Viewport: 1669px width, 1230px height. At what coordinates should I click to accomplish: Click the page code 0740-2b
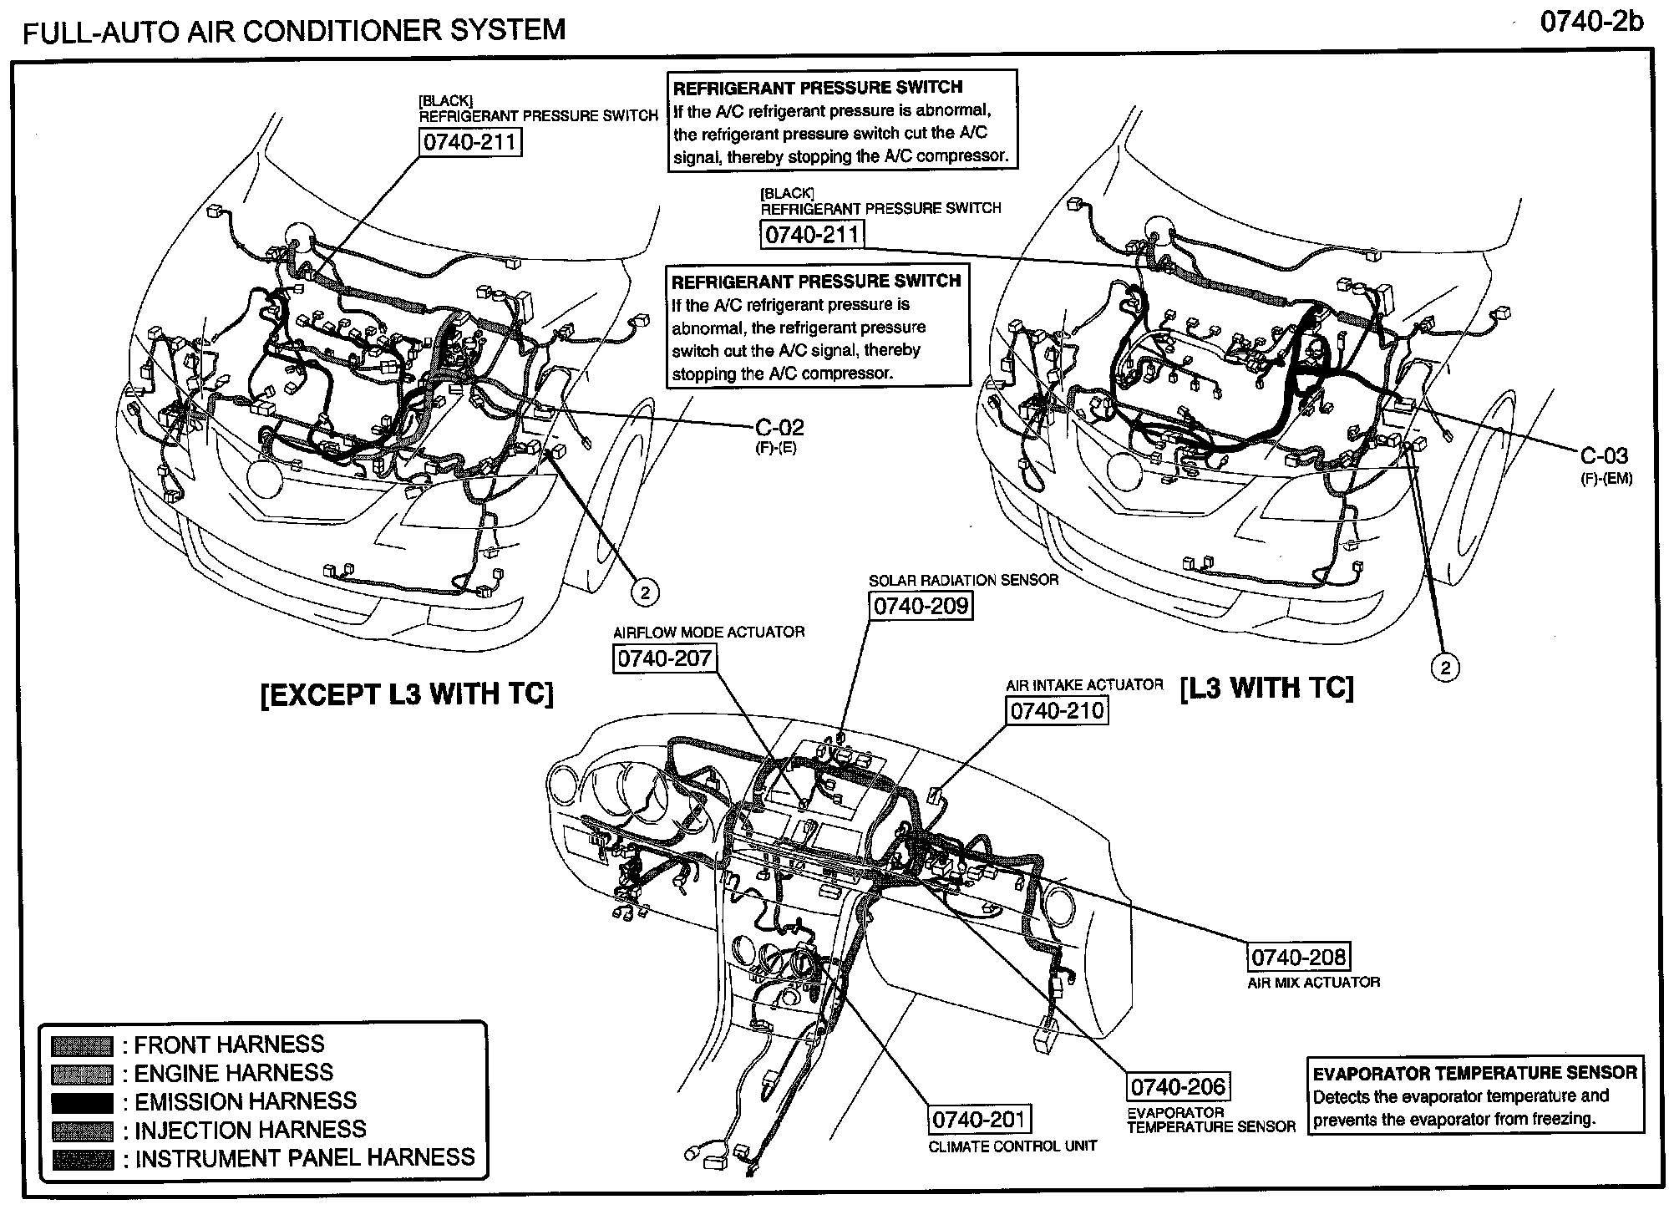click(x=1590, y=22)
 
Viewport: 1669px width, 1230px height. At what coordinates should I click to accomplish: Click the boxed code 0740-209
click(x=921, y=605)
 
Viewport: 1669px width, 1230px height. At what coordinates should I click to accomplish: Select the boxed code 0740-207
click(x=664, y=658)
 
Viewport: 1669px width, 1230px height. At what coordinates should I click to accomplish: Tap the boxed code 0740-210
click(x=1057, y=711)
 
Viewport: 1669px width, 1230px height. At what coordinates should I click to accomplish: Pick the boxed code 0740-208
click(x=1298, y=957)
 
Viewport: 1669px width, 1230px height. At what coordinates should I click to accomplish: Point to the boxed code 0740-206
click(x=1178, y=1087)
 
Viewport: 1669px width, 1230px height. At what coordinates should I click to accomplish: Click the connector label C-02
click(x=779, y=428)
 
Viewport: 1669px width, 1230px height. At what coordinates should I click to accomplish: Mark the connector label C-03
click(x=1604, y=456)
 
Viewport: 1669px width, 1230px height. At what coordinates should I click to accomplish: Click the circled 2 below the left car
click(x=644, y=592)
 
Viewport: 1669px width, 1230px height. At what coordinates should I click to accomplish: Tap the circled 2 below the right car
click(x=1446, y=667)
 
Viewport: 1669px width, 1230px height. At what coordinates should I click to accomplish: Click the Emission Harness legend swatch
click(x=82, y=1102)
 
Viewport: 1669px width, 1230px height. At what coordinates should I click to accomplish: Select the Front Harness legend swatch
click(x=82, y=1045)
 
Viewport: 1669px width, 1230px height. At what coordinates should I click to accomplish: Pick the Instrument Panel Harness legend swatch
click(x=82, y=1159)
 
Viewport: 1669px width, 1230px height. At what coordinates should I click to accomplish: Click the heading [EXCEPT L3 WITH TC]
click(x=407, y=694)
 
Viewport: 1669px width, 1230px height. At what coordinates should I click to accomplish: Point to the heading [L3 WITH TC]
click(x=1266, y=688)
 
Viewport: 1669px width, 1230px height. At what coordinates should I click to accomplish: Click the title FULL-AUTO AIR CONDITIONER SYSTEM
click(x=294, y=31)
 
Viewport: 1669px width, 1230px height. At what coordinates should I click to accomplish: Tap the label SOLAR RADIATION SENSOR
click(x=963, y=580)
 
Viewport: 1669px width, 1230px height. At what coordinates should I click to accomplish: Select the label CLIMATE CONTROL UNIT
click(x=1012, y=1146)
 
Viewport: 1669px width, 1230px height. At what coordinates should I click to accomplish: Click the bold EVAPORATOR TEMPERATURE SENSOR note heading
click(x=1474, y=1073)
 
